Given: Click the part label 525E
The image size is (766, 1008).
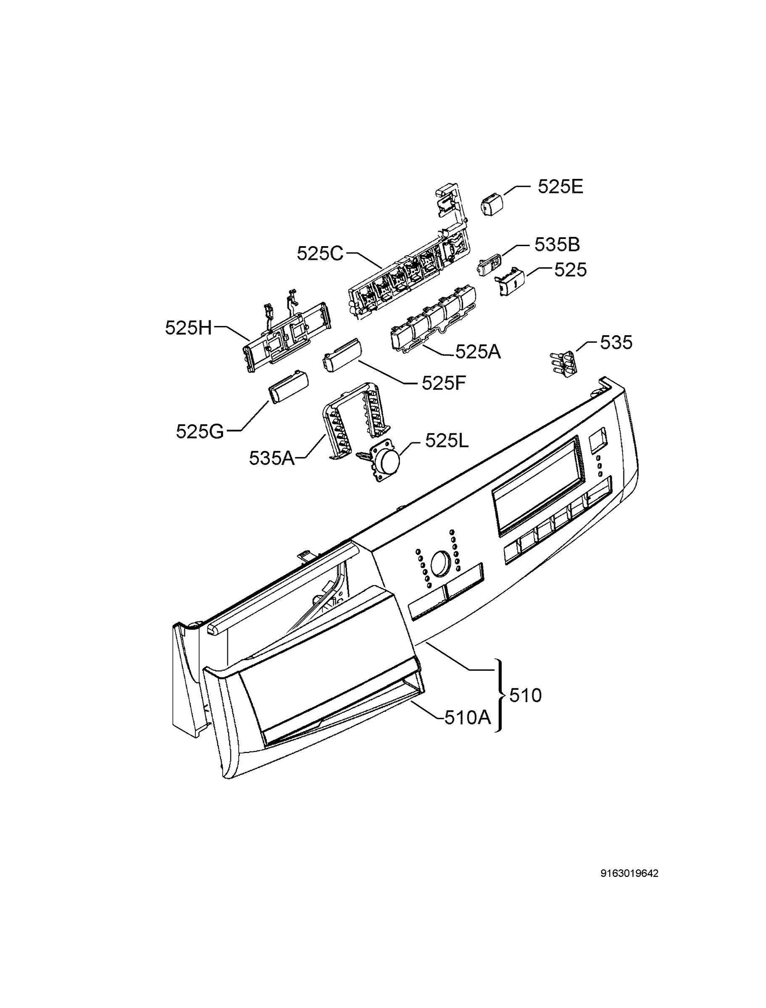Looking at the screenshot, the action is pyautogui.click(x=560, y=187).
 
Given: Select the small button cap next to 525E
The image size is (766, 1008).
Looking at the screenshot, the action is pyautogui.click(x=492, y=204).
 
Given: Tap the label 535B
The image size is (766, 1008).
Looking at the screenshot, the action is pyautogui.click(x=557, y=245).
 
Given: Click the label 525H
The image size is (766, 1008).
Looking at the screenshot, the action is pyautogui.click(x=188, y=328).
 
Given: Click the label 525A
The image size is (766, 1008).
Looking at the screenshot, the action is pyautogui.click(x=478, y=352).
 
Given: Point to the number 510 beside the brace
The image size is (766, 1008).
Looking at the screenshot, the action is pyautogui.click(x=525, y=696).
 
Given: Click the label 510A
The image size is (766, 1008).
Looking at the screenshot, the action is pyautogui.click(x=467, y=718).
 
